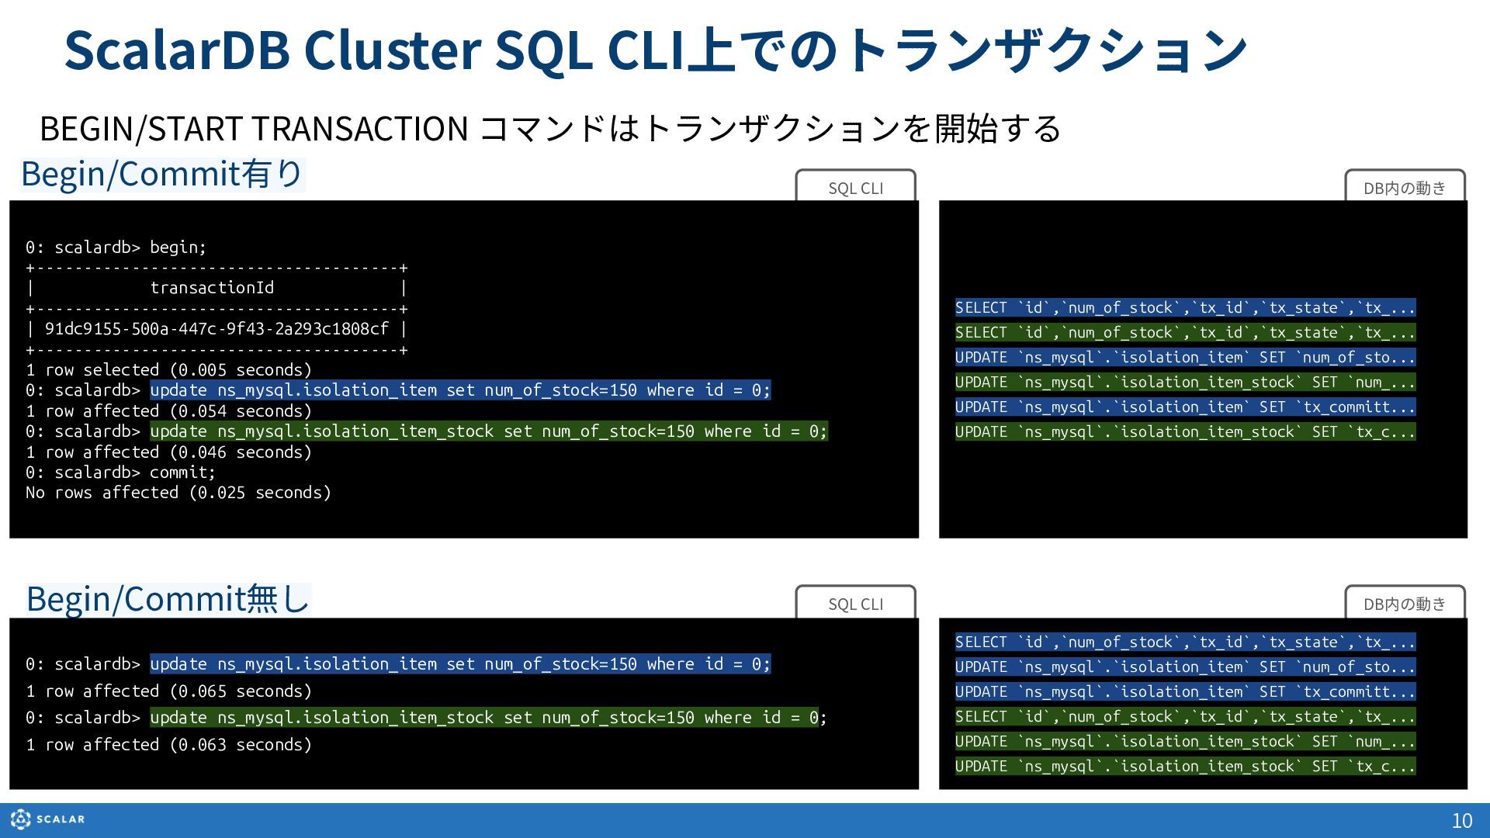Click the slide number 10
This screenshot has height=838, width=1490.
click(x=1462, y=820)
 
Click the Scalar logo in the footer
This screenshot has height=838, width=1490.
click(x=47, y=819)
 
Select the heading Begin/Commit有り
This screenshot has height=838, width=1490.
click(x=162, y=174)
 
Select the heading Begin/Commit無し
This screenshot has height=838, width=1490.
click(x=168, y=599)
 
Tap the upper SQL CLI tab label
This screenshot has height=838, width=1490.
click(x=855, y=188)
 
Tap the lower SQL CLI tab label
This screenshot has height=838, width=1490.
click(x=855, y=604)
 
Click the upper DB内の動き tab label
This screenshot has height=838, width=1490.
click(x=1405, y=188)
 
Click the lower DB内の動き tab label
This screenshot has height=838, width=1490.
click(x=1405, y=604)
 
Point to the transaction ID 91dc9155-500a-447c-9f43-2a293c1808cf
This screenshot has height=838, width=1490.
click(x=217, y=329)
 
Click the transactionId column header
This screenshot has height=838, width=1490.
click(x=212, y=288)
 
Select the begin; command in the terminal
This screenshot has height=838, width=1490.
click(x=178, y=248)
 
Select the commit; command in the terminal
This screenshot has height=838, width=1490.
click(x=182, y=473)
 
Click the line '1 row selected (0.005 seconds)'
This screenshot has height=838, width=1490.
click(x=168, y=370)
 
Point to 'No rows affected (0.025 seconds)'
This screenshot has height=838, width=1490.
click(x=178, y=493)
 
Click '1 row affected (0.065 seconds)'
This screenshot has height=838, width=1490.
click(x=168, y=691)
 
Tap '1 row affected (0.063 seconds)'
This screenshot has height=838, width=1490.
click(x=168, y=745)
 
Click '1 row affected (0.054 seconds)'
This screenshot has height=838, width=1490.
click(x=168, y=411)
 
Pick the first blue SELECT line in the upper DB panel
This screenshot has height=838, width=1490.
click(x=1185, y=308)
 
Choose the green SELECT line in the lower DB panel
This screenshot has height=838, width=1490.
click(x=1185, y=717)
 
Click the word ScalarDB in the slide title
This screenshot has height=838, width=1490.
click(x=177, y=50)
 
